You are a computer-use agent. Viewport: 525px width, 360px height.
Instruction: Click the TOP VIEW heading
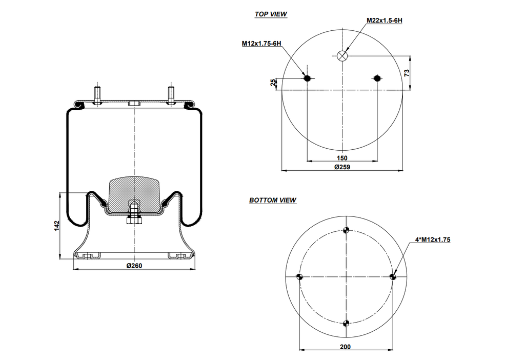pyautogui.click(x=271, y=14)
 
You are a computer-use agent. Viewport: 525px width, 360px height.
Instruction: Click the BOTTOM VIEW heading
pyautogui.click(x=272, y=201)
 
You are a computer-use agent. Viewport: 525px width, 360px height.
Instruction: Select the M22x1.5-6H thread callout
pyautogui.click(x=384, y=21)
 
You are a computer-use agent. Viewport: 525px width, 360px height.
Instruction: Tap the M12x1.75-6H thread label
pyautogui.click(x=261, y=44)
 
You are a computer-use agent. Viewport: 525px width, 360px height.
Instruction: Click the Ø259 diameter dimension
pyautogui.click(x=341, y=167)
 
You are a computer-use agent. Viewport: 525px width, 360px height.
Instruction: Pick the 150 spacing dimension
pyautogui.click(x=342, y=157)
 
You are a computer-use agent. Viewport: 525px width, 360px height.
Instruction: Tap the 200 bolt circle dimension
pyautogui.click(x=345, y=347)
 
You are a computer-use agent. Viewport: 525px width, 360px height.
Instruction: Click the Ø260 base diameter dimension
pyautogui.click(x=134, y=266)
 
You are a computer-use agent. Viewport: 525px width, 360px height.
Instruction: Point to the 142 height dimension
pyautogui.click(x=57, y=226)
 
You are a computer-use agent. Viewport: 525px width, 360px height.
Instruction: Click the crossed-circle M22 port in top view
pyautogui.click(x=342, y=56)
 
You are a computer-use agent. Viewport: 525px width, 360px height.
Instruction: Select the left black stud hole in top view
pyautogui.click(x=307, y=78)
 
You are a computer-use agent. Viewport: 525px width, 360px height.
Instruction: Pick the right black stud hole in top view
pyautogui.click(x=377, y=78)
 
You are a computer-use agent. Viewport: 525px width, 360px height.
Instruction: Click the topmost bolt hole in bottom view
pyautogui.click(x=347, y=230)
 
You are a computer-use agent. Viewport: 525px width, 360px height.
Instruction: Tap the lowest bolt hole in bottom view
pyautogui.click(x=347, y=323)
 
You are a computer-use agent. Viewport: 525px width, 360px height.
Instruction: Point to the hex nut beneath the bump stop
pyautogui.click(x=134, y=221)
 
